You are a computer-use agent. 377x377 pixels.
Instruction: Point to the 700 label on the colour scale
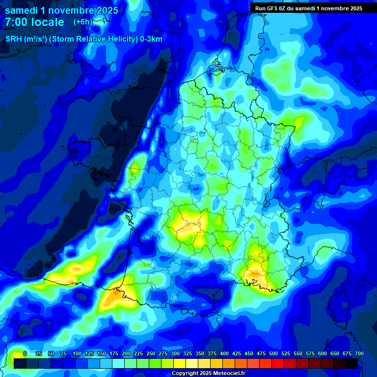click(x=359, y=354)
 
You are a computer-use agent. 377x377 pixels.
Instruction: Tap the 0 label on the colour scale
click(x=25, y=354)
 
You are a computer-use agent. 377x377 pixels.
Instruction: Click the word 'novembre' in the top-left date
click(x=63, y=10)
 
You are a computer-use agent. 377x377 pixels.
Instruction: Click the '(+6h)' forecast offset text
click(x=83, y=22)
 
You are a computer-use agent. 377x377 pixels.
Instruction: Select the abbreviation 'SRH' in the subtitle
click(x=14, y=39)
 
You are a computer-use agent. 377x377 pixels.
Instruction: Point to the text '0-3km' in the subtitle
click(x=151, y=39)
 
